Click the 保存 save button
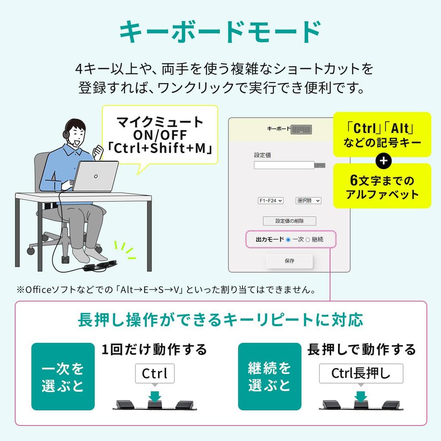tap(289, 261)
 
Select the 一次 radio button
tap(288, 240)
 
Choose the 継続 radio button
tap(307, 240)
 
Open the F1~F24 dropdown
tap(270, 201)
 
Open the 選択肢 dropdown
tap(308, 201)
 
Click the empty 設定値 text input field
tap(284, 165)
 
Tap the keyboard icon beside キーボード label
tap(301, 130)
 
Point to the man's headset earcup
tap(66, 134)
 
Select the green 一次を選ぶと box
tap(63, 376)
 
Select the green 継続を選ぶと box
tap(270, 376)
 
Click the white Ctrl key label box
tap(155, 373)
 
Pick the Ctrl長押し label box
tap(361, 373)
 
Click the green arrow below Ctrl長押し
tap(361, 396)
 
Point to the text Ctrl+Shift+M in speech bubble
tap(160, 148)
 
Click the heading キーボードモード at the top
tap(220, 32)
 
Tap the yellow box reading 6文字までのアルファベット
tap(382, 186)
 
